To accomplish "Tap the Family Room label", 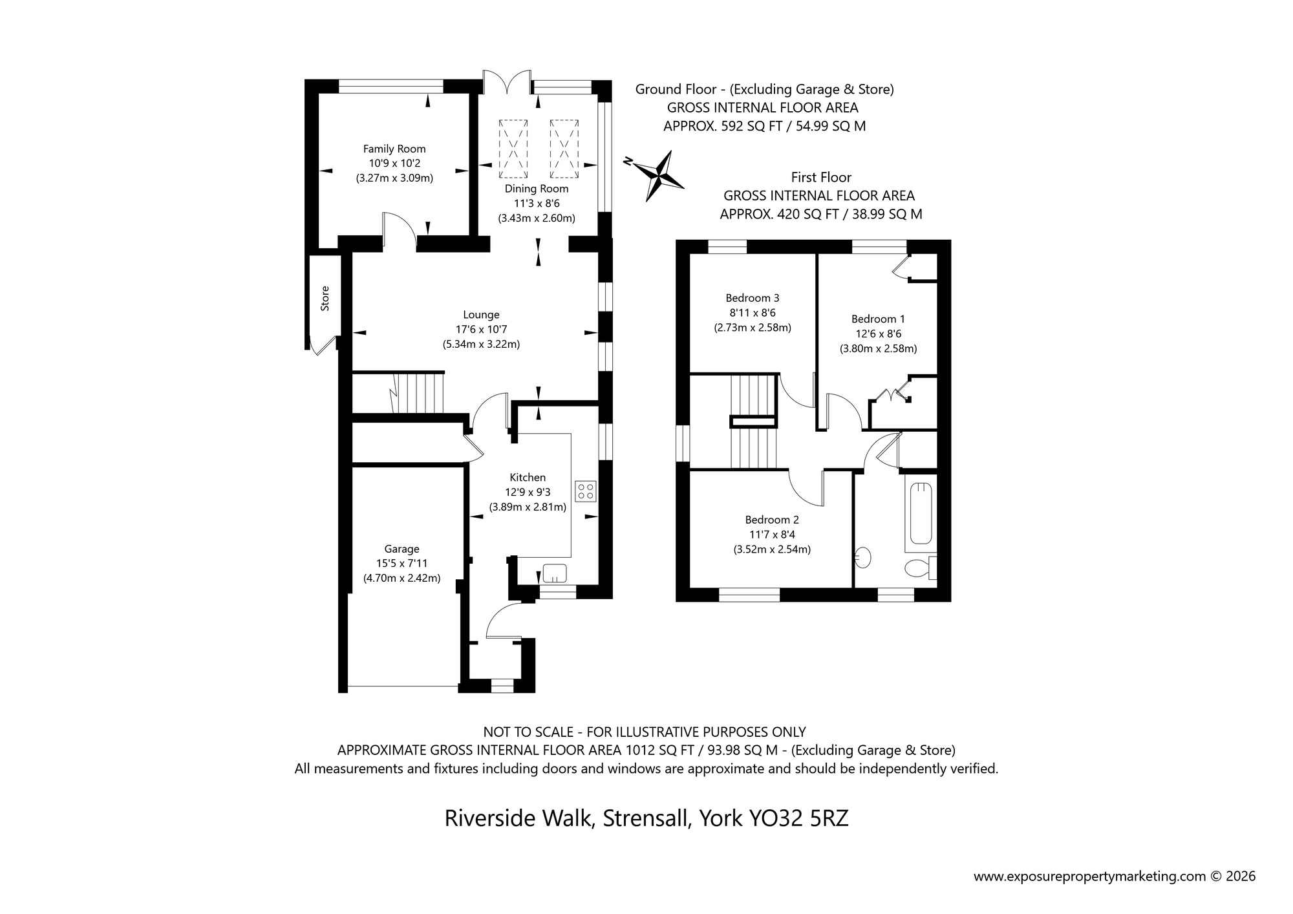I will (394, 149).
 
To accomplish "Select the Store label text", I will (325, 298).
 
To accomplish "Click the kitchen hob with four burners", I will (585, 490).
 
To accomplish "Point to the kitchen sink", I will (554, 573).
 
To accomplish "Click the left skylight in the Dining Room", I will (514, 149).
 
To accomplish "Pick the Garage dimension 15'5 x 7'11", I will (401, 564).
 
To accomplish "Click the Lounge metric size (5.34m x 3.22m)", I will (481, 345).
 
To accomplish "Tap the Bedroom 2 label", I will (772, 520).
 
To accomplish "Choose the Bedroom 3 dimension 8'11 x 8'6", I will (753, 313).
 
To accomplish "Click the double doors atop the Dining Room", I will (508, 83).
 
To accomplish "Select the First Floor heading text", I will (821, 177).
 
